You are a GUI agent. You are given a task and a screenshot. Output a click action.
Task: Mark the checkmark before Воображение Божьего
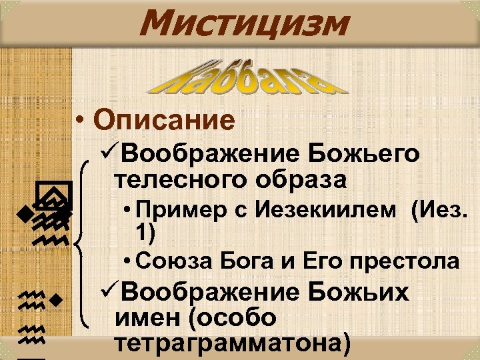tap(107, 155)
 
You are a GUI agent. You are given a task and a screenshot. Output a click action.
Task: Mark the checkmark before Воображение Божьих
tap(107, 293)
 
